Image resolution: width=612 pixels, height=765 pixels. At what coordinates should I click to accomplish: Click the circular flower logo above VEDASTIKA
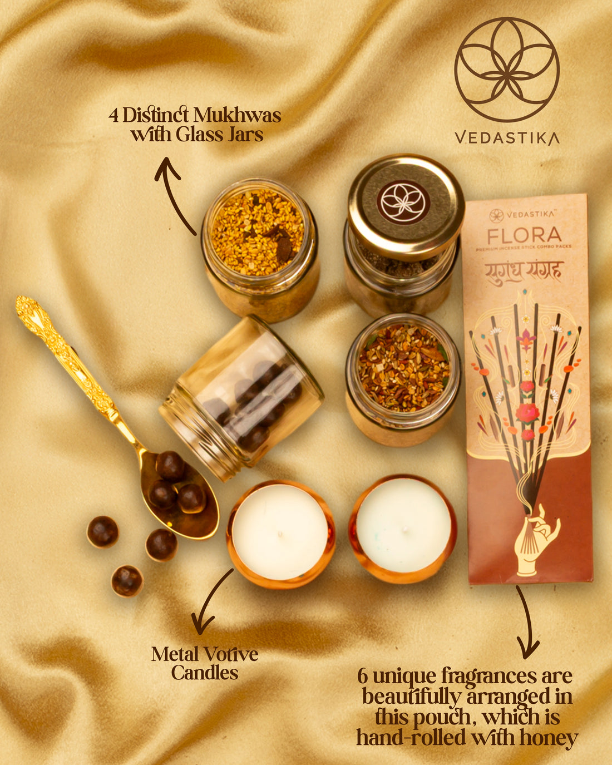(x=507, y=69)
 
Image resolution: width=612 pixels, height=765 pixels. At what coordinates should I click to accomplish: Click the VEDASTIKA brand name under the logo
(x=507, y=137)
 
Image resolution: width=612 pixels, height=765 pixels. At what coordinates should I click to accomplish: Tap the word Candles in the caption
(x=204, y=673)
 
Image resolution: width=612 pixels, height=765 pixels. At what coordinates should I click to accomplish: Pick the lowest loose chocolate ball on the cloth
(x=127, y=581)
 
